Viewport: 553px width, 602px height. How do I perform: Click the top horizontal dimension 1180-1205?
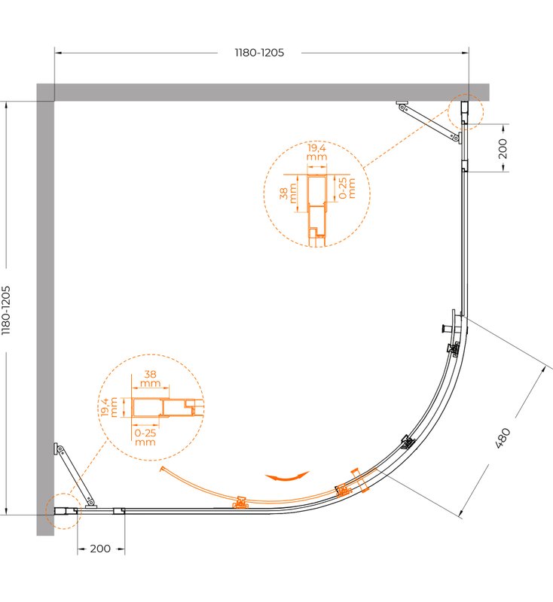point(259,53)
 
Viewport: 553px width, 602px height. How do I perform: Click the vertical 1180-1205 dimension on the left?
point(6,310)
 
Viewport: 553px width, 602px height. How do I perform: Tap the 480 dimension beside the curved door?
point(503,438)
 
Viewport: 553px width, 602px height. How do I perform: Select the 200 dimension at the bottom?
point(100,549)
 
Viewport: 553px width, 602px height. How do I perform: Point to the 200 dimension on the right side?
point(503,148)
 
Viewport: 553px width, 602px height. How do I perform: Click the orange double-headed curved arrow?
point(287,476)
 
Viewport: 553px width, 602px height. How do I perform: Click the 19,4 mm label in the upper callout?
point(316,152)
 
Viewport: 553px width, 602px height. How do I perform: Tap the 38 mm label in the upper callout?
point(288,193)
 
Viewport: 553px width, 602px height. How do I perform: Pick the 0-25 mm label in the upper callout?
point(347,187)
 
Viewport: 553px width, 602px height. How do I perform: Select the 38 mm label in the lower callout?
point(150,379)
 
